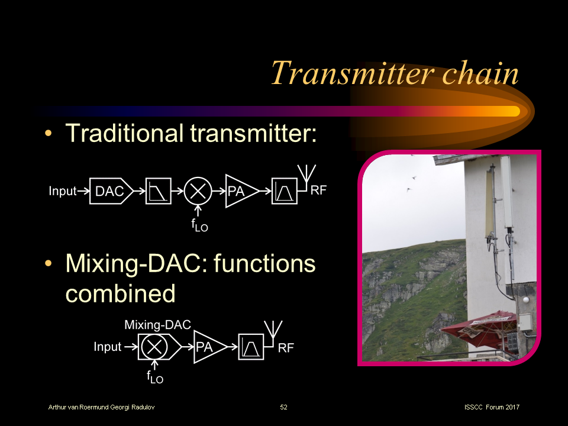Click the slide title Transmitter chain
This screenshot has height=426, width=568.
(x=395, y=73)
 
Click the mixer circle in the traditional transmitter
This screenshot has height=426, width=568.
(x=198, y=191)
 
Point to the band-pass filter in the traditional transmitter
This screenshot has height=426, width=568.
(x=284, y=191)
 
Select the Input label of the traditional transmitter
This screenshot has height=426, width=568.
(x=63, y=191)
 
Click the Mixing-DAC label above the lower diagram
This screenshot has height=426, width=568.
(x=157, y=325)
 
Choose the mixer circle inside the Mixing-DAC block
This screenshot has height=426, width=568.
(x=153, y=347)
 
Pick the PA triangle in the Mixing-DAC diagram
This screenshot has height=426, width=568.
(x=207, y=347)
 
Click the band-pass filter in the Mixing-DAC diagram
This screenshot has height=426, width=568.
(x=251, y=347)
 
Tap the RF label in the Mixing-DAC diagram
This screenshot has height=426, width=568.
(x=286, y=348)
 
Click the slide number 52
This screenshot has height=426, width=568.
(x=284, y=408)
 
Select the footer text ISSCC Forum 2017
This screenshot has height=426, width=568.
(x=492, y=408)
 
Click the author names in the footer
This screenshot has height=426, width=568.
(x=102, y=408)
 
